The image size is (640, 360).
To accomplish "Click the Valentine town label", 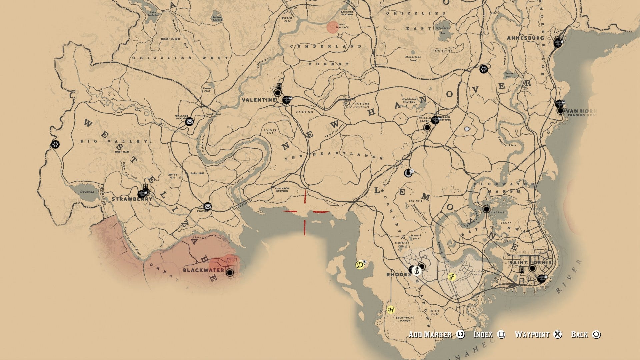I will click(x=259, y=100).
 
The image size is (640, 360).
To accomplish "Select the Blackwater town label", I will click(x=203, y=270).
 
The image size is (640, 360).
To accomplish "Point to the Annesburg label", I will click(x=525, y=38).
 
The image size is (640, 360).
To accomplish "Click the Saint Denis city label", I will click(x=530, y=263).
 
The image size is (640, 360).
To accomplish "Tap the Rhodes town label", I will click(x=399, y=275).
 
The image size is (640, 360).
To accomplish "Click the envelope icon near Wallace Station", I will click(x=189, y=122).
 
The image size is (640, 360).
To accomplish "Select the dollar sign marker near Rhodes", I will click(x=417, y=271).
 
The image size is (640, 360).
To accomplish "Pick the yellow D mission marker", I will click(x=360, y=265).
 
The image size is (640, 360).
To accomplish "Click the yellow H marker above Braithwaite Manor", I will click(x=391, y=310).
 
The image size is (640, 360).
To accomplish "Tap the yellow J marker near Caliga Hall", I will click(x=451, y=277).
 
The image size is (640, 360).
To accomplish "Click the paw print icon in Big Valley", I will click(x=55, y=144).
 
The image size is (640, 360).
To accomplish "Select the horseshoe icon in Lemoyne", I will click(x=408, y=173).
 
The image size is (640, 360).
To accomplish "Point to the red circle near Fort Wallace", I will click(x=332, y=27).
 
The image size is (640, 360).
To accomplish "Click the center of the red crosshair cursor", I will click(x=305, y=212).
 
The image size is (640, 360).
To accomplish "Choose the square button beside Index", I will click(x=501, y=334).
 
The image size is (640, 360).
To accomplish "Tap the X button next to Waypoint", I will click(x=557, y=334).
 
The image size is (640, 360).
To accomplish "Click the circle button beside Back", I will click(x=596, y=334).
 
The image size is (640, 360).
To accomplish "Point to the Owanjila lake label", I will click(x=87, y=192).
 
